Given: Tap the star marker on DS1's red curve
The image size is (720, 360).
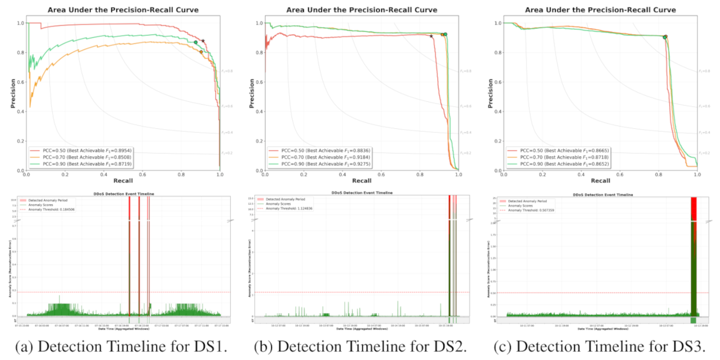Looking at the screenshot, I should (203, 41).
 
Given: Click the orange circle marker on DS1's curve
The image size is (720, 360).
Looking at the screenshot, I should (201, 52).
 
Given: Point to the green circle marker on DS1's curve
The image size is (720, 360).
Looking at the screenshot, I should (196, 42).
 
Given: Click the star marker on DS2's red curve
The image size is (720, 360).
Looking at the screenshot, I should (431, 36).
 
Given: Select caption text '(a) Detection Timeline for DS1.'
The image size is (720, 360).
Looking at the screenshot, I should (122, 347).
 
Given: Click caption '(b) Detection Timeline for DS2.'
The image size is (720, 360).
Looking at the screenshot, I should (361, 347).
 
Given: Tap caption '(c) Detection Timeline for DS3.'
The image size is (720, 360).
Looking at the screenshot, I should (599, 347).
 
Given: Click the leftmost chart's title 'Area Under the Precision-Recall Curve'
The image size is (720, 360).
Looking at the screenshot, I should (123, 10).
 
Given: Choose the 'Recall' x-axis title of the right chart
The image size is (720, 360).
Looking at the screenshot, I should (600, 181).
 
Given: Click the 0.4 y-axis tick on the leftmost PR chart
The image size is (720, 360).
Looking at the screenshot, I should (21, 112).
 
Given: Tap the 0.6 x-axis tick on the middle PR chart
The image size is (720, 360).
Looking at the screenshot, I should (381, 175).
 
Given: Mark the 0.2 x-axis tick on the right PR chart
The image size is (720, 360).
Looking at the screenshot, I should (542, 175).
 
